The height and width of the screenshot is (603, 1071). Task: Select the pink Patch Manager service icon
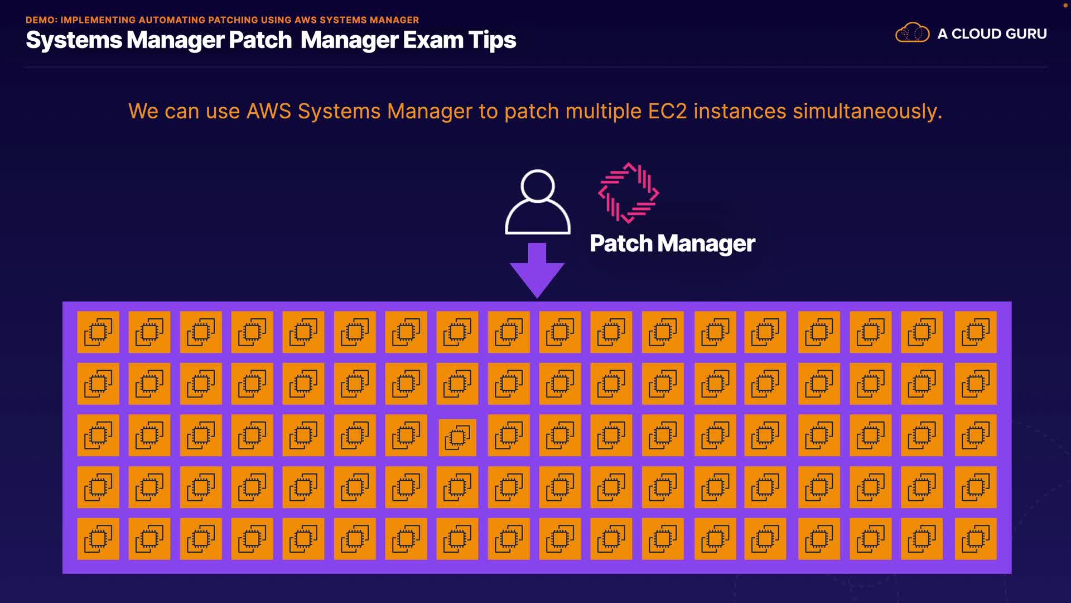point(629,193)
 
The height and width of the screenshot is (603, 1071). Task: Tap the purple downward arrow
point(537,270)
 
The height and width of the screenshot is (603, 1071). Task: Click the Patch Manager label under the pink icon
point(672,244)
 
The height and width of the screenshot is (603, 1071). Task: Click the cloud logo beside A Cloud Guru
point(912,33)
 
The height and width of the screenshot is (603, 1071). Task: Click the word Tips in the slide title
point(492,41)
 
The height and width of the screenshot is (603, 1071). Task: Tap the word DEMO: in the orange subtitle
point(42,20)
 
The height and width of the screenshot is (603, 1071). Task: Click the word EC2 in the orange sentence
point(667,111)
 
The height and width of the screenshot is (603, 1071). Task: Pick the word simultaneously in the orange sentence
point(867,112)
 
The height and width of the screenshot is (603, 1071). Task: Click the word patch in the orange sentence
point(531,112)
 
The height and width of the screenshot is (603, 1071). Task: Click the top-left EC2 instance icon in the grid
point(98,332)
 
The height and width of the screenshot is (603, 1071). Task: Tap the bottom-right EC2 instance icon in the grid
point(976,539)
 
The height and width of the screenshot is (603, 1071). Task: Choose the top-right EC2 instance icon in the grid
point(976,332)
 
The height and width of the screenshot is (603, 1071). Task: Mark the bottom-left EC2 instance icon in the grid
point(98,539)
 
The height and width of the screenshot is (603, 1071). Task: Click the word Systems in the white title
point(74,41)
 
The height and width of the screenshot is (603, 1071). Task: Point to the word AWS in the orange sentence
point(269,111)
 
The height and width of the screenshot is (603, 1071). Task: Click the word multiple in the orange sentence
point(604,112)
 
